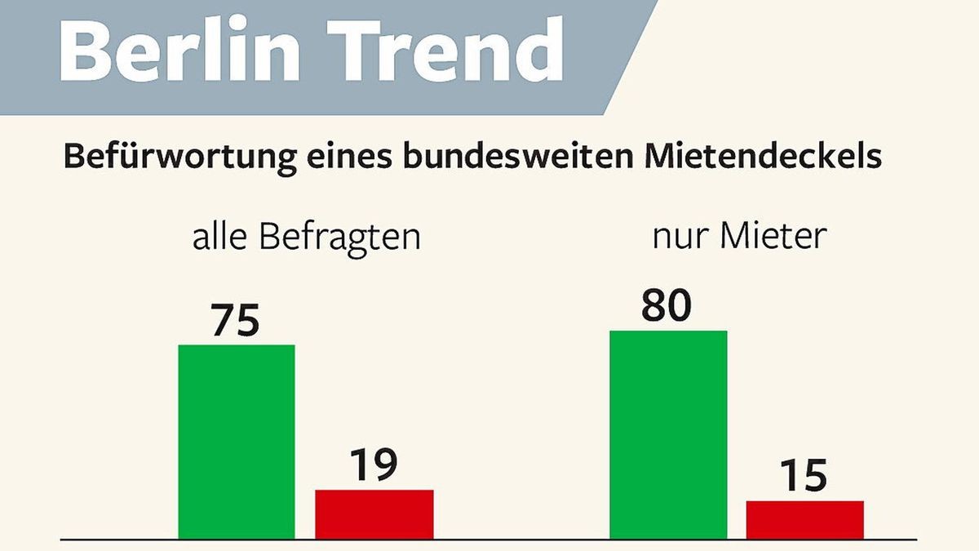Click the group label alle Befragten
click(x=306, y=238)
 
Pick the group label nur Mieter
click(x=739, y=236)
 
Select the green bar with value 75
click(x=237, y=442)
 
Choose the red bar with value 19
click(x=374, y=514)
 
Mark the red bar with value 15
click(x=804, y=520)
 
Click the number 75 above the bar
click(x=235, y=321)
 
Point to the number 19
click(x=373, y=465)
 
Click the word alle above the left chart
click(x=219, y=238)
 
